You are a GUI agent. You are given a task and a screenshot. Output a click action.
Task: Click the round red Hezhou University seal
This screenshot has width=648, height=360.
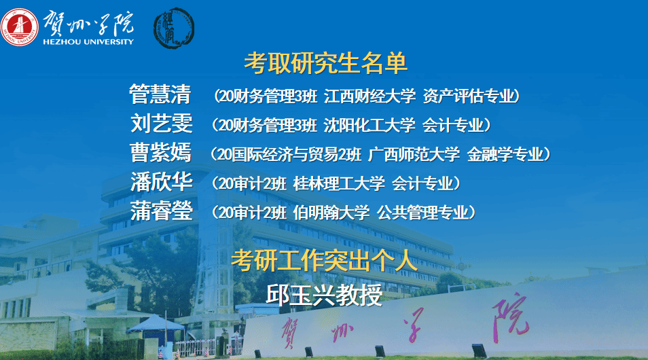click(20, 27)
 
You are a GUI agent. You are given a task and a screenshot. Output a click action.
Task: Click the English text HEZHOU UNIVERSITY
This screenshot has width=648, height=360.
click(88, 41)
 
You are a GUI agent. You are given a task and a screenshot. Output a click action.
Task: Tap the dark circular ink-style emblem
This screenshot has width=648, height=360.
click(174, 28)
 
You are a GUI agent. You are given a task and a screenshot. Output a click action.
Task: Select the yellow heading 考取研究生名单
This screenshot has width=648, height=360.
click(325, 63)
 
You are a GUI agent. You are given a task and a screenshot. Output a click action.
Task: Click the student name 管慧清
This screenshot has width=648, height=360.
click(160, 94)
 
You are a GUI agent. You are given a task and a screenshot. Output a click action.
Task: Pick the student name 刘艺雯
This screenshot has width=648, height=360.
click(161, 123)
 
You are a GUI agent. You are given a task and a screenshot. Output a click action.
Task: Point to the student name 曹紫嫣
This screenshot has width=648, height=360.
click(161, 153)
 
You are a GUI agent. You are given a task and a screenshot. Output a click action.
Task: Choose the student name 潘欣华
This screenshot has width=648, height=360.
click(161, 181)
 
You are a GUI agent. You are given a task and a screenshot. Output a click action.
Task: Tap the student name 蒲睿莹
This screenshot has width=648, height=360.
click(161, 211)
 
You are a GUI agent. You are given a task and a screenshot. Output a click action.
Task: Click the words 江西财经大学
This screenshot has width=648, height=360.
click(370, 96)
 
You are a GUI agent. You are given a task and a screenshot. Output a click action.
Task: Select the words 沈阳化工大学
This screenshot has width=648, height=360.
click(369, 125)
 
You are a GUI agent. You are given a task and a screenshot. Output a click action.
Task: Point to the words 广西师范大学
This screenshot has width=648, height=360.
click(414, 154)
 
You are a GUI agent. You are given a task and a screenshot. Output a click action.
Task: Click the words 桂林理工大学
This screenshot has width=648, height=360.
click(339, 183)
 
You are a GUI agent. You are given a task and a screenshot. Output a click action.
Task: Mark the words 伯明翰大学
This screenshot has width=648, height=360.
click(331, 213)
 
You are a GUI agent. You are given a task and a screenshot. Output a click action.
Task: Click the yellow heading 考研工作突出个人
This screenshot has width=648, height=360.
click(324, 261)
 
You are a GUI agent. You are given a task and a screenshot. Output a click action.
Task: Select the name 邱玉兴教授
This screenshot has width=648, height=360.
click(324, 295)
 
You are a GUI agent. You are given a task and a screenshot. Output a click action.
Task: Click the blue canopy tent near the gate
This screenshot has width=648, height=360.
click(156, 323)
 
